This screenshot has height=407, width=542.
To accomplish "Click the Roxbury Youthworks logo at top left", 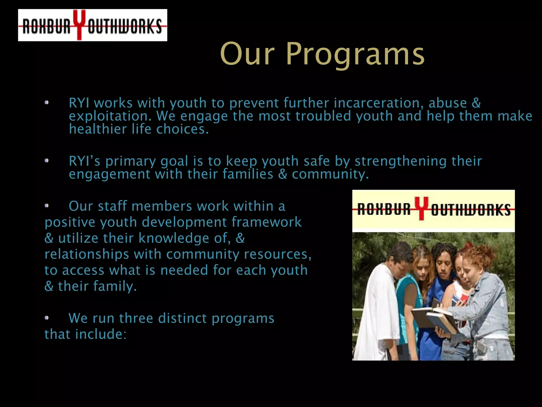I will click(x=92, y=25).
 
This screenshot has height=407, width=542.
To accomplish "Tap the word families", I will click(x=248, y=174).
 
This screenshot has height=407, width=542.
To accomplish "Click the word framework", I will click(x=267, y=222).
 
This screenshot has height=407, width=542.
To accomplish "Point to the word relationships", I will click(x=87, y=254).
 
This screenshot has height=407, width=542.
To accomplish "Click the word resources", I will click(x=278, y=254).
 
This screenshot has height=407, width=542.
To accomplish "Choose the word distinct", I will click(x=182, y=318).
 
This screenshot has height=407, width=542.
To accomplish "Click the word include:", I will click(x=101, y=334).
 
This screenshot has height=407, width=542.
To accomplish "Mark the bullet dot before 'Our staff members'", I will click(x=47, y=206).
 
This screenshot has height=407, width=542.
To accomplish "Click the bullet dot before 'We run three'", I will click(x=47, y=318).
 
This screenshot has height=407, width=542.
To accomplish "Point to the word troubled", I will click(x=323, y=116).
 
